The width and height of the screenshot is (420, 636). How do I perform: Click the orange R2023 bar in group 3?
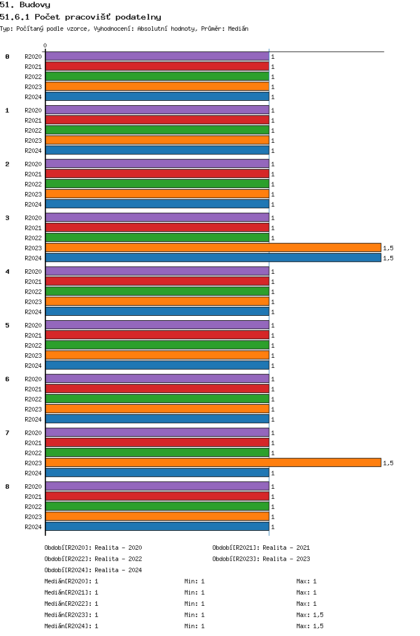[x=213, y=248]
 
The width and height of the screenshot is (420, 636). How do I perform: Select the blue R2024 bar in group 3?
[x=213, y=258]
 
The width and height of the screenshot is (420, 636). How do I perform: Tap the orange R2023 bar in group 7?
[x=213, y=463]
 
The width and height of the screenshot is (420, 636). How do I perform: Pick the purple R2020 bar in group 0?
[x=157, y=57]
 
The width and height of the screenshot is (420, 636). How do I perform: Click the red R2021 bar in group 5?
[x=157, y=335]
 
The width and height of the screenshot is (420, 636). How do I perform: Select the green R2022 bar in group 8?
[x=157, y=507]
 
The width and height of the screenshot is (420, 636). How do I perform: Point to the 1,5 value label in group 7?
[x=388, y=463]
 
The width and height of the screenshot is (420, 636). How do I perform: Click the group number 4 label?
[x=7, y=272]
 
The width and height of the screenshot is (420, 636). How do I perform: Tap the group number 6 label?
[x=7, y=379]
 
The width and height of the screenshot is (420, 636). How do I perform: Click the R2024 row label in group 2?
[x=33, y=204]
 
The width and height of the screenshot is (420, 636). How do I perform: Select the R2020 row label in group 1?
[x=33, y=110]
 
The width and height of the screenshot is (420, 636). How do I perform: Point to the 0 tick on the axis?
[x=45, y=46]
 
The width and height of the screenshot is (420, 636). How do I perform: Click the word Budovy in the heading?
[x=35, y=5]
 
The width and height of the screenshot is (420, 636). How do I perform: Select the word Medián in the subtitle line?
[x=238, y=29]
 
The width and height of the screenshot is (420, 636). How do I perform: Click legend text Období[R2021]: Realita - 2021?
[x=261, y=548]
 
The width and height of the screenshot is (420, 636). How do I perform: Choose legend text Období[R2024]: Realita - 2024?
[x=93, y=570]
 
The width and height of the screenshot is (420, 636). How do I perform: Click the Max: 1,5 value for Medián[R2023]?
[x=310, y=615]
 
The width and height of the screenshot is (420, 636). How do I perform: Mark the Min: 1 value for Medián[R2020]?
[x=194, y=581]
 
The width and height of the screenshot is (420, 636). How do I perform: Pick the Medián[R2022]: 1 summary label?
[x=72, y=604]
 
